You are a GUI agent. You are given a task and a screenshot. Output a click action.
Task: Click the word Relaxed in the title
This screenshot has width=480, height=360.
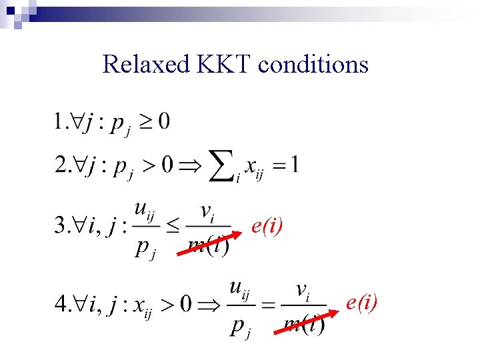147,65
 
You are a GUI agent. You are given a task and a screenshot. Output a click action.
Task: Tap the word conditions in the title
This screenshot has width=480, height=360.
313,65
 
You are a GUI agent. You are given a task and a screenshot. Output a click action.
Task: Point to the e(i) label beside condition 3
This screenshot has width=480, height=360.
267,227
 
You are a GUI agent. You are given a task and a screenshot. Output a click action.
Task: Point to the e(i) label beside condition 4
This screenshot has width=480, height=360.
361,304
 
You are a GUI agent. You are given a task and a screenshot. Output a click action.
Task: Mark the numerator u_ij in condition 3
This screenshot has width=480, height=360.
145,209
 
